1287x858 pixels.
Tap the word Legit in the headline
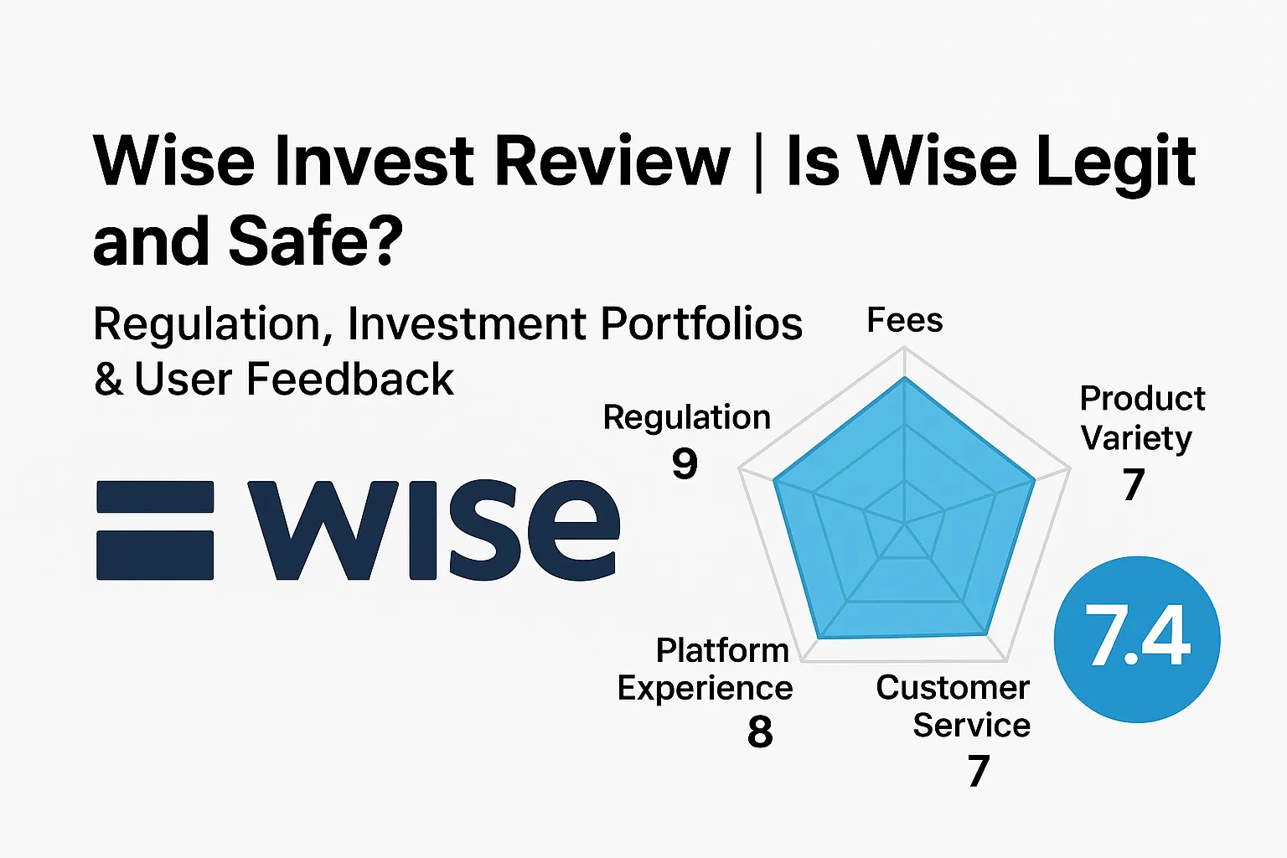(1115, 161)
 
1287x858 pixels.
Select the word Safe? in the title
(315, 240)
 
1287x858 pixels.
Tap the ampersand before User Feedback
(108, 380)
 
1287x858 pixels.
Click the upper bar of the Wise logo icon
(155, 497)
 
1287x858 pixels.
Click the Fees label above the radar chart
(904, 320)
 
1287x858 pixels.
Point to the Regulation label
(686, 417)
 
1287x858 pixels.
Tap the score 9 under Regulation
(685, 463)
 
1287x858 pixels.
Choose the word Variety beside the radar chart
(1136, 438)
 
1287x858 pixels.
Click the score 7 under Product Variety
(1134, 484)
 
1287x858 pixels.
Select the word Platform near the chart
(722, 650)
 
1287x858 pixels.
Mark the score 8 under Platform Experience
(759, 731)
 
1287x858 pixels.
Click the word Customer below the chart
(953, 688)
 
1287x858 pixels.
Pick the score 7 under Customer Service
(978, 771)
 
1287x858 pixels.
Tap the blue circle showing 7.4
(1136, 639)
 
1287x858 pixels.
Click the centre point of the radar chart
(905, 523)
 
